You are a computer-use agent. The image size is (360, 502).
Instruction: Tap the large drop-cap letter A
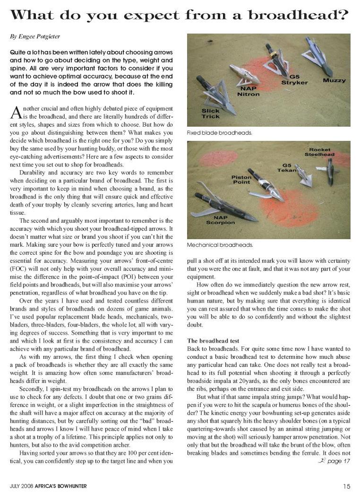tap(16, 113)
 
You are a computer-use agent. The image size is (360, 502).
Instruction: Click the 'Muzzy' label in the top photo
tap(334, 80)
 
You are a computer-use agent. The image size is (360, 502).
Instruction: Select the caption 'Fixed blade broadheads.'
tap(219, 133)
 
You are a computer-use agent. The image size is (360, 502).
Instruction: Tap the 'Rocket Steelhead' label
tap(319, 152)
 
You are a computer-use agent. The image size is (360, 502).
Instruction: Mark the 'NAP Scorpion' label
tap(207, 220)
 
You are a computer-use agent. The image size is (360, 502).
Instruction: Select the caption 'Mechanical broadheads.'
tap(220, 245)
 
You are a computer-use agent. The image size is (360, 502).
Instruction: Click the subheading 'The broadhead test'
tap(213, 340)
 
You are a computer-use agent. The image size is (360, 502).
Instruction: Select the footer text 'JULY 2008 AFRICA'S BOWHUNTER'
tap(48, 486)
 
